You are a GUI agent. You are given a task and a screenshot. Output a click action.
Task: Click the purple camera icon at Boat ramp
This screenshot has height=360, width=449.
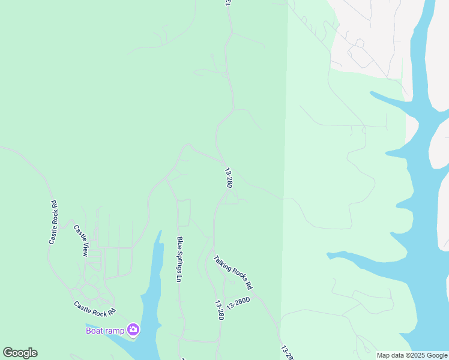pos(133,330)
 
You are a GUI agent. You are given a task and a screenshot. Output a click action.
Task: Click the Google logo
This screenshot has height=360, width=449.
pos(20,353)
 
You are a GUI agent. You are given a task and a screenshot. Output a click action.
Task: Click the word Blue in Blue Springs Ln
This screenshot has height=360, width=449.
pos(179,243)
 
